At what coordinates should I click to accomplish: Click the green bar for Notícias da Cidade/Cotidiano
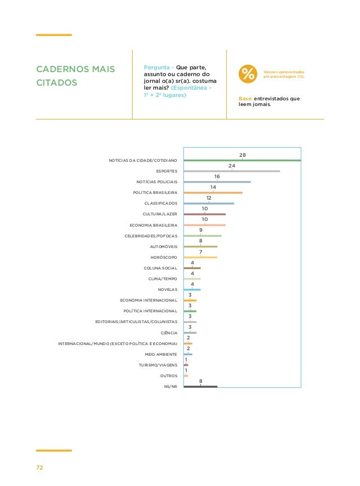243,161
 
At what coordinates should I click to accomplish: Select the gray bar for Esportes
232,171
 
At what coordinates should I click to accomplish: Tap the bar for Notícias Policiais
217,182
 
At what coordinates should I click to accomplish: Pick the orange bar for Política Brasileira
213,193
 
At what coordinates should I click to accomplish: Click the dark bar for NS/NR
200,386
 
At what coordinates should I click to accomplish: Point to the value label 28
242,154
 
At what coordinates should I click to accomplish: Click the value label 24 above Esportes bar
231,165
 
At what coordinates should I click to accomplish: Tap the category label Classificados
161,204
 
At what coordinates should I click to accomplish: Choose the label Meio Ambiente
161,354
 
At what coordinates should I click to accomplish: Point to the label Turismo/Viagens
158,365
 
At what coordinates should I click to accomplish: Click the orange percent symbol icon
247,74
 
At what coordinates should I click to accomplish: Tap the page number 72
39,468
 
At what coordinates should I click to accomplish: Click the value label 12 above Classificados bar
209,198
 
